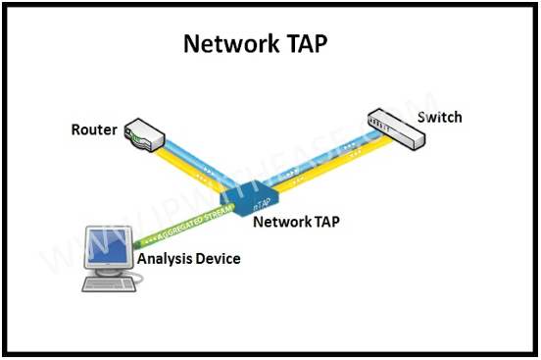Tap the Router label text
click(93, 129)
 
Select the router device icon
click(144, 136)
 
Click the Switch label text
click(439, 118)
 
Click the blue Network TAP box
click(257, 194)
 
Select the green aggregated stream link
click(186, 225)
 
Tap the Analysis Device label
click(188, 259)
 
